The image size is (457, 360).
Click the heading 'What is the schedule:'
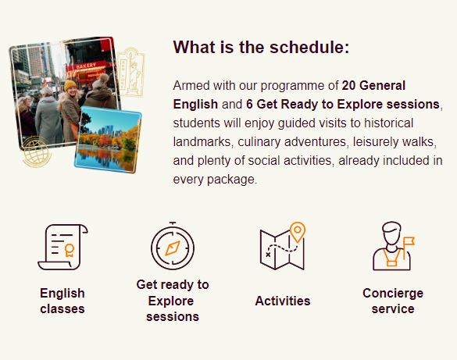tap(261, 47)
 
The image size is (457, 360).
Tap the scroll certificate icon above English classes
tap(62, 247)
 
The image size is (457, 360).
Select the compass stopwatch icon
tap(173, 246)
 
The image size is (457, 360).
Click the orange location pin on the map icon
tap(298, 232)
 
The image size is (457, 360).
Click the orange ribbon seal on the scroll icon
tap(70, 250)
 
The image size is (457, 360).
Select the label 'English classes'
tap(62, 301)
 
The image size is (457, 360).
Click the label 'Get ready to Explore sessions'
tap(173, 301)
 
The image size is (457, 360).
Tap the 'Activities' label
tap(283, 301)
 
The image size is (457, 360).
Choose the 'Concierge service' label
tap(393, 301)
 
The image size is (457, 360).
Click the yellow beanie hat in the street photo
tap(70, 85)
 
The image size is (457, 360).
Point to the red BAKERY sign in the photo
tap(86, 66)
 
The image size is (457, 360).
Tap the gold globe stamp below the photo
tap(36, 152)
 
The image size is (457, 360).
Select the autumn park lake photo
tap(108, 140)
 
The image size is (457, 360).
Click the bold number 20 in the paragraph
tap(348, 86)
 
